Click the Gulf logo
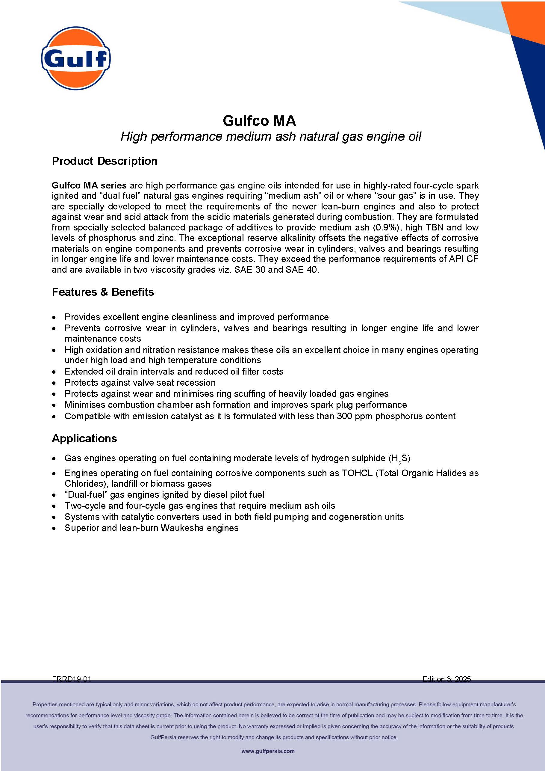(76, 58)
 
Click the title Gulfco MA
(259, 121)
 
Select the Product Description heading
(105, 161)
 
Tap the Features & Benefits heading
(103, 292)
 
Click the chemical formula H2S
(399, 459)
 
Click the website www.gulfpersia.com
(268, 751)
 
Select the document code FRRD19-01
(71, 679)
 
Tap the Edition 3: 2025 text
(446, 679)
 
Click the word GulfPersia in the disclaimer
(163, 737)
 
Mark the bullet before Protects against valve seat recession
(54, 383)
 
